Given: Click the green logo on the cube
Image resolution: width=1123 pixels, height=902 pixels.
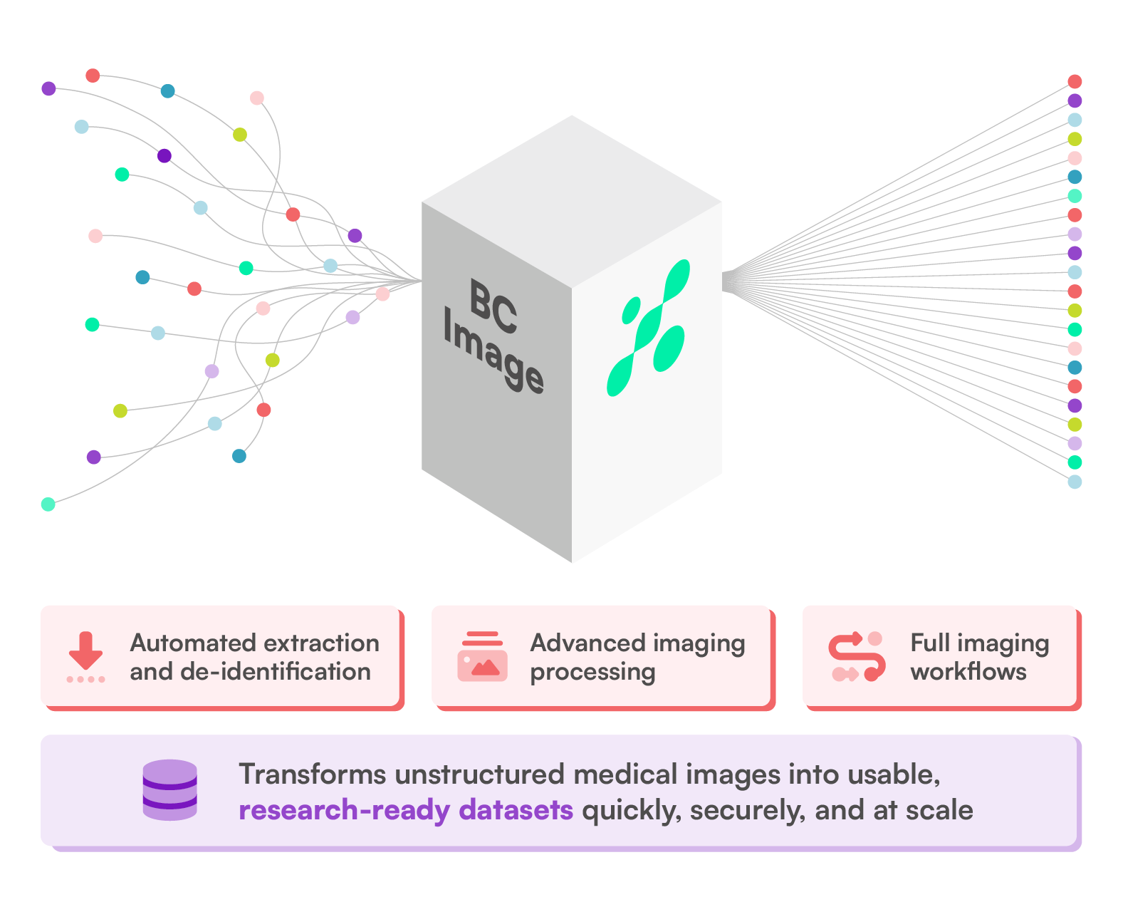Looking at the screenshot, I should [x=648, y=328].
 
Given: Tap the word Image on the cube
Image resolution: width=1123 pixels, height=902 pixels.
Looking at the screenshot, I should [x=493, y=350].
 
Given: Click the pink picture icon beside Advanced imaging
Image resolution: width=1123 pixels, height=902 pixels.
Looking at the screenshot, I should [x=482, y=656].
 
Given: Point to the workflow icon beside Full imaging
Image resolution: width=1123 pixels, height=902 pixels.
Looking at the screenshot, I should [x=857, y=656].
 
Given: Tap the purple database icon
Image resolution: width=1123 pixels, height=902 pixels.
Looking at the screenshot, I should [x=169, y=790].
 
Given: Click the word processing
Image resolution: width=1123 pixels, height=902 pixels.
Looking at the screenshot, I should [x=592, y=672].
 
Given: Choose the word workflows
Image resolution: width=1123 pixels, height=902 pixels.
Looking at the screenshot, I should [x=968, y=671].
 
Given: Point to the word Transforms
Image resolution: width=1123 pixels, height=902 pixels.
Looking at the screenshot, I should [x=312, y=774].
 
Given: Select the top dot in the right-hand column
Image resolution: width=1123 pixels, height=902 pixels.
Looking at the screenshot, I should [x=1075, y=82].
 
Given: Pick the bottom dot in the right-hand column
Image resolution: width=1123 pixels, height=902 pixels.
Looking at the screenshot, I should [x=1075, y=482].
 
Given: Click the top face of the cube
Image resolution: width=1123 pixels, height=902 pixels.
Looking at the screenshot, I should [x=572, y=199].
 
